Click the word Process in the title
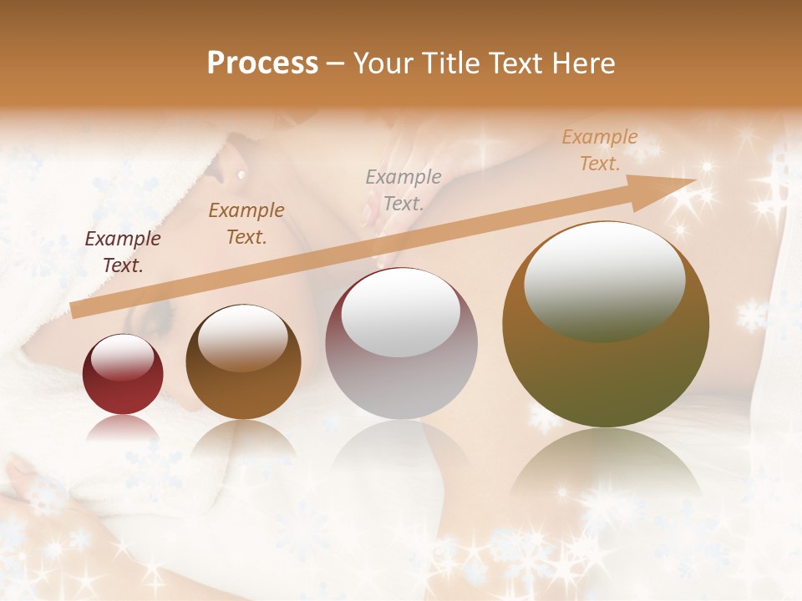[x=262, y=63]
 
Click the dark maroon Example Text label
[x=123, y=252]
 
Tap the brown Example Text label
[x=246, y=224]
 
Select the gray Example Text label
[x=404, y=189]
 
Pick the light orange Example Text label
[x=600, y=150]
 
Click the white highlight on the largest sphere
[x=604, y=282]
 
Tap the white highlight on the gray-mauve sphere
[x=401, y=314]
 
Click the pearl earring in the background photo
[x=241, y=174]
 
